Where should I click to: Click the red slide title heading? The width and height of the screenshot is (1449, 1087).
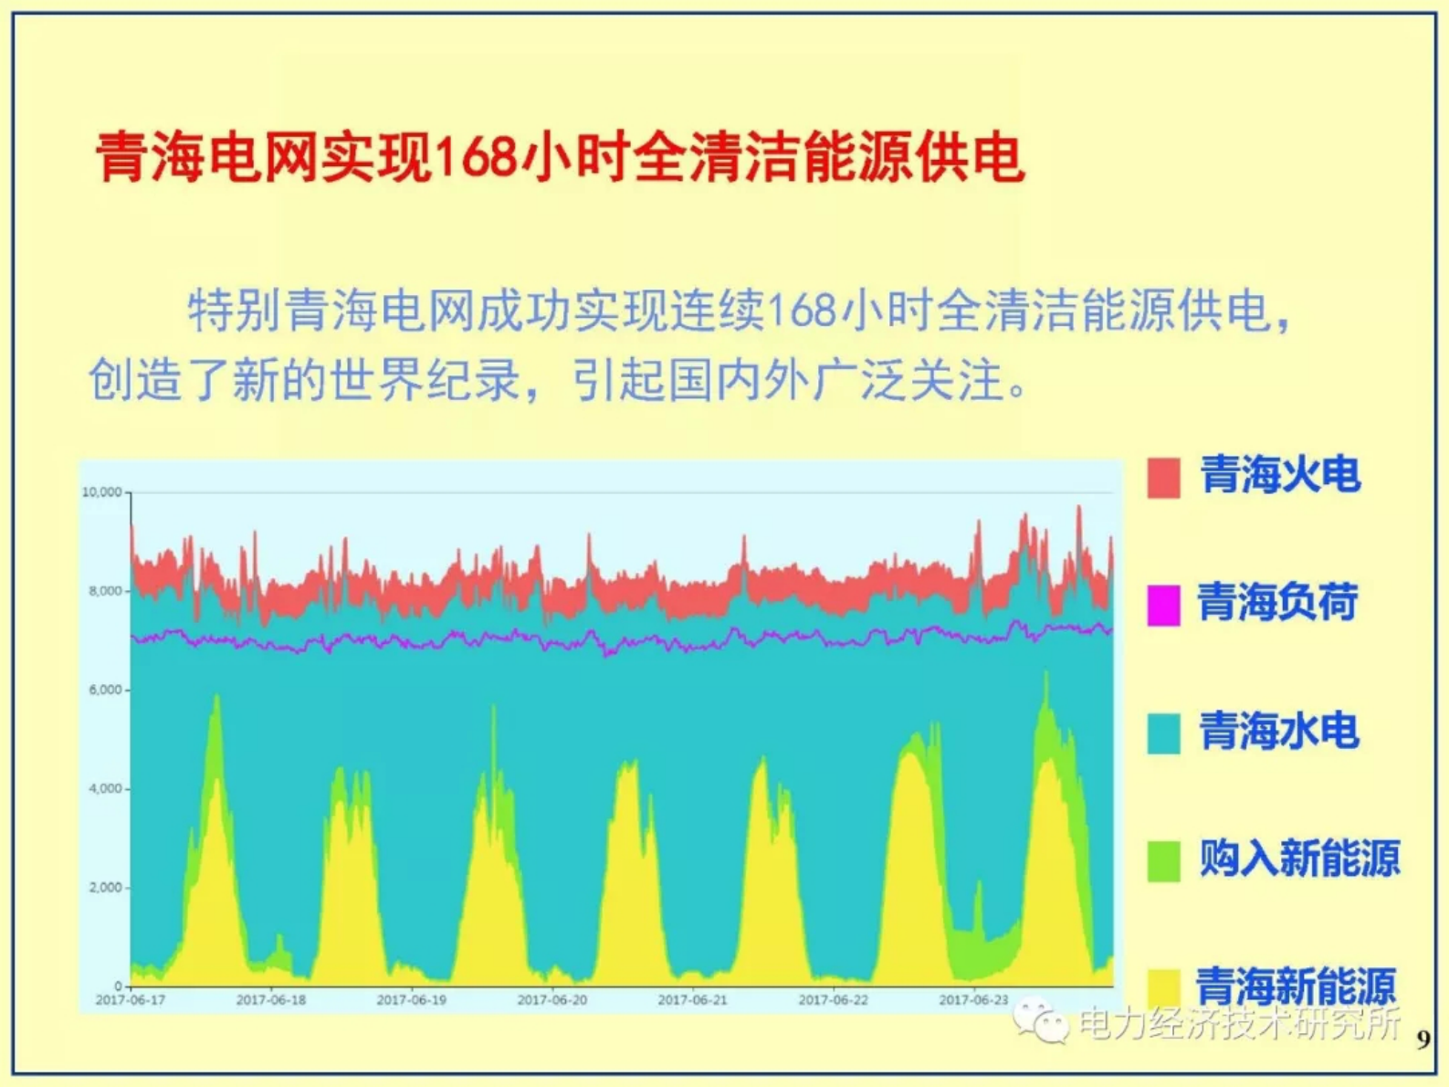(x=559, y=157)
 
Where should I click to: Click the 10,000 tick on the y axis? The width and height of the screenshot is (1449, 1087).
(x=101, y=492)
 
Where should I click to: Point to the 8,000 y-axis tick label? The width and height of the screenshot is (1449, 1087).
(x=105, y=591)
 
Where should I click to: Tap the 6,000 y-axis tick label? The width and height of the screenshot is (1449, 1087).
(x=105, y=690)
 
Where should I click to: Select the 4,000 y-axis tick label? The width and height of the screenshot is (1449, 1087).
(x=105, y=788)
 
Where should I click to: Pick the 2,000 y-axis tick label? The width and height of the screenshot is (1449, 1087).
(x=105, y=887)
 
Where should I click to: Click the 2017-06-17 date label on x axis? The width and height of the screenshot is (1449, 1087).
(x=131, y=1000)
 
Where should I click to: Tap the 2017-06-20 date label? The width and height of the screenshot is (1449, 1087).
(x=552, y=1000)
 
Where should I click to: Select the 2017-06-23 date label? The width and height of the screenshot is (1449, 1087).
(x=974, y=1000)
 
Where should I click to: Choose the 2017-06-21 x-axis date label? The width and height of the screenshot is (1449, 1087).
(x=693, y=1000)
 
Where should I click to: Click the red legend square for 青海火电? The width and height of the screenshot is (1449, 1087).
(x=1163, y=478)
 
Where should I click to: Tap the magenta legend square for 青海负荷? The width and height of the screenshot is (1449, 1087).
(x=1163, y=606)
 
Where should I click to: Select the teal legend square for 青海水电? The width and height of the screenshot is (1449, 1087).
(x=1163, y=733)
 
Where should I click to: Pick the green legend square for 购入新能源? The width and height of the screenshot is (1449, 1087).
(x=1163, y=861)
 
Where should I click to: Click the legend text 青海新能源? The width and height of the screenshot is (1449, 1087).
(x=1296, y=987)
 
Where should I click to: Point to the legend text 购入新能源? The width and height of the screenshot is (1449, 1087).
(x=1299, y=859)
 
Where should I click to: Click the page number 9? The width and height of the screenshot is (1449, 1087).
(x=1423, y=1040)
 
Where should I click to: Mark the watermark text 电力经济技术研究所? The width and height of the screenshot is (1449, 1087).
(x=1239, y=1023)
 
